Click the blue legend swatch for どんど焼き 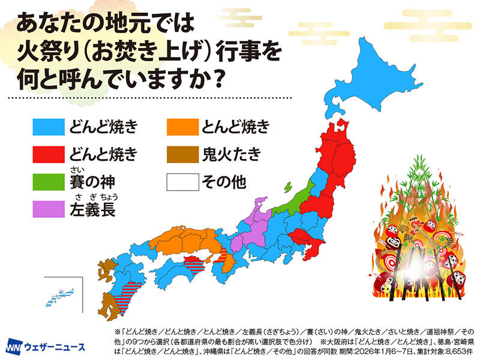48,127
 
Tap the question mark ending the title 224,80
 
